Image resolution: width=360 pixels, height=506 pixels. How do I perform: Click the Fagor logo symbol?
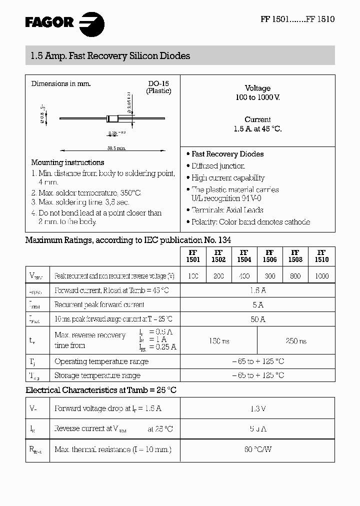[91, 23]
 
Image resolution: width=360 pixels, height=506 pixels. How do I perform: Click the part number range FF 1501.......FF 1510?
[297, 19]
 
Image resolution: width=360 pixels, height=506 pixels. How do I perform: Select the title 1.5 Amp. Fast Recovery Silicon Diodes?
[107, 56]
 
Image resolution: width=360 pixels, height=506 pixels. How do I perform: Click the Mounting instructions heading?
[67, 162]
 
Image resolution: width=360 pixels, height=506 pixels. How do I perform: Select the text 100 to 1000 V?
[257, 97]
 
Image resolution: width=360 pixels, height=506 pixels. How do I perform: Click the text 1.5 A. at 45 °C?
[257, 128]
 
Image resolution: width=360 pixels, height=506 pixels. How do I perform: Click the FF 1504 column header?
[244, 256]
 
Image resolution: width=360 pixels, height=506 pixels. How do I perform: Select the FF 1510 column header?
[321, 256]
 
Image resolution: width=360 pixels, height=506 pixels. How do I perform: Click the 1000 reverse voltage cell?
[321, 276]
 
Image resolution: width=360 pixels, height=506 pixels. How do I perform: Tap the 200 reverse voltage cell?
[218, 276]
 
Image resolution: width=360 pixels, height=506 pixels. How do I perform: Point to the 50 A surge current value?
[257, 319]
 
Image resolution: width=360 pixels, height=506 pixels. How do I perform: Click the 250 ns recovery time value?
[296, 341]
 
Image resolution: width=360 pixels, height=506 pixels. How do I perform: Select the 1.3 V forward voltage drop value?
[257, 409]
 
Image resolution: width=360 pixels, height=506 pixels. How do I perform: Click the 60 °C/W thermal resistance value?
[257, 449]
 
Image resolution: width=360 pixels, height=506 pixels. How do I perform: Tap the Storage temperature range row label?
[97, 375]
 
